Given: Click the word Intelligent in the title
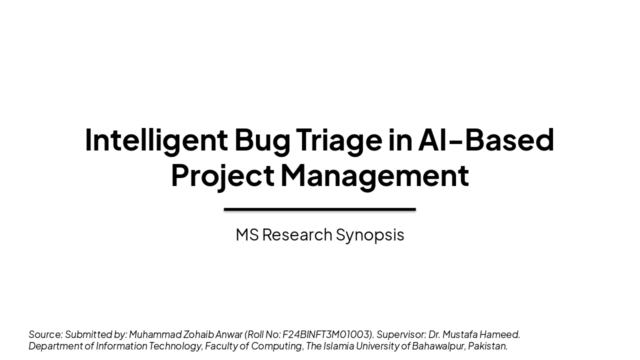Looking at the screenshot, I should [x=156, y=139].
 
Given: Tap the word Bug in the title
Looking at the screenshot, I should [x=262, y=139].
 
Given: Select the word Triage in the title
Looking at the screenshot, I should [x=339, y=139].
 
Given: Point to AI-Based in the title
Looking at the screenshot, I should [x=486, y=139].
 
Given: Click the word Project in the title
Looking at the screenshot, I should [x=222, y=175].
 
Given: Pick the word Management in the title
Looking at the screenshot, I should [x=374, y=175].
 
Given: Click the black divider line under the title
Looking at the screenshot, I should [x=320, y=209].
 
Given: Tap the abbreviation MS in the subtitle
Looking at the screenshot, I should [x=247, y=234].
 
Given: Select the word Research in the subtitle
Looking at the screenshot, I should [x=297, y=234].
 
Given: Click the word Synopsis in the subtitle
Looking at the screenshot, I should [x=369, y=234].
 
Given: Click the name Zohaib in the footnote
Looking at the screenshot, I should [x=198, y=334].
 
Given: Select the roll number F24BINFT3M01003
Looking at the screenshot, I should [x=327, y=334].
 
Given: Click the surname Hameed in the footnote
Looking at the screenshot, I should [x=500, y=334].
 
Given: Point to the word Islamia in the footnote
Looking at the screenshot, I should [x=338, y=346].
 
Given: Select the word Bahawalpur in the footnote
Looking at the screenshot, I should [x=438, y=346].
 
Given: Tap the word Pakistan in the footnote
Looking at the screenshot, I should [x=487, y=346].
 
